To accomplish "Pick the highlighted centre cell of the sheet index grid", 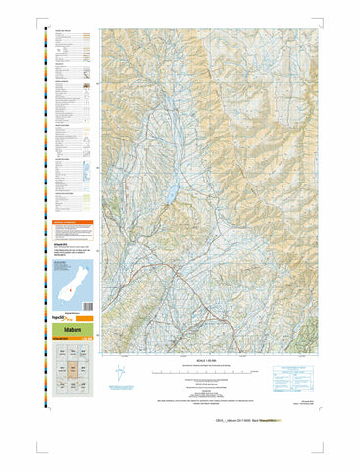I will [x=73, y=372].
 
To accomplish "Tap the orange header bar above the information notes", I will [x=73, y=223].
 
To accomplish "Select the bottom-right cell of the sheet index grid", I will [x=86, y=387].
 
